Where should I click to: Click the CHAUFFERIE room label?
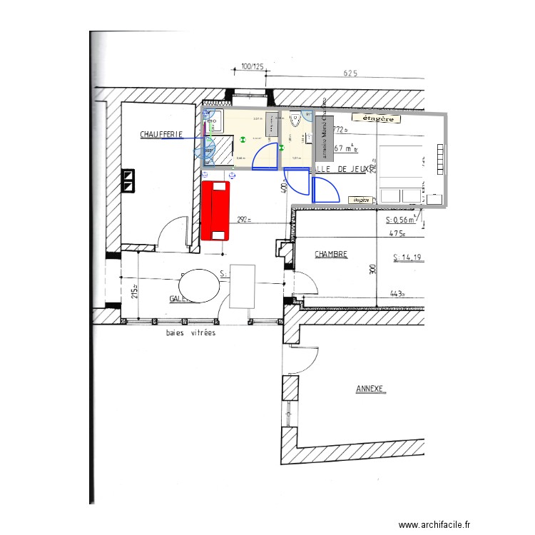tap(161, 133)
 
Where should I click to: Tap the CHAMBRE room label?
tap(331, 253)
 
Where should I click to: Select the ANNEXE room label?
tap(370, 389)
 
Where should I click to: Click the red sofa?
tap(216, 210)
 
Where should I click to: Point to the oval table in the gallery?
tap(201, 287)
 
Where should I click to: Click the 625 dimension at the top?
tap(350, 73)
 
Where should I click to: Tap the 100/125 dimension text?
tap(253, 66)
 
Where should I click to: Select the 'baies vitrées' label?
tap(190, 332)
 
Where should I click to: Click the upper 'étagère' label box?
tap(377, 118)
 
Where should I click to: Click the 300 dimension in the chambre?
tap(372, 270)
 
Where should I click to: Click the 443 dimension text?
tap(397, 293)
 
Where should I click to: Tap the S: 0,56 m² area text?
tap(404, 220)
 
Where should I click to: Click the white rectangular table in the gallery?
tap(243, 286)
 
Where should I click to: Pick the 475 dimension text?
tap(397, 233)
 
